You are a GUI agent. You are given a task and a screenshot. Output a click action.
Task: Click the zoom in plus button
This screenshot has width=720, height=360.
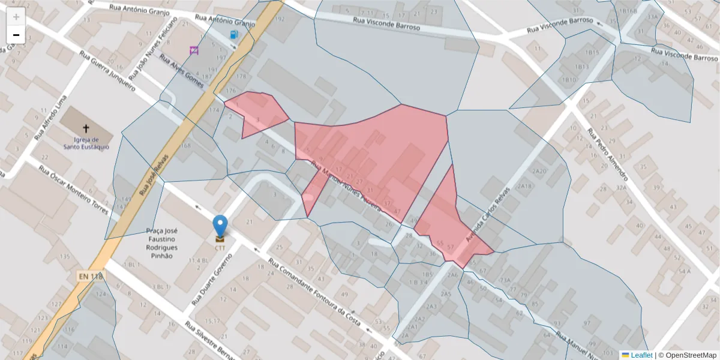16,17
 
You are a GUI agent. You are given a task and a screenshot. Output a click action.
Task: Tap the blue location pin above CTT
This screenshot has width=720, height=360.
220,226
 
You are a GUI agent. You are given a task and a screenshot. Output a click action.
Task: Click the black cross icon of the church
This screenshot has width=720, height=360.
85,128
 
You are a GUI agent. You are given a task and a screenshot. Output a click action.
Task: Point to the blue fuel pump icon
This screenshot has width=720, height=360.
233,35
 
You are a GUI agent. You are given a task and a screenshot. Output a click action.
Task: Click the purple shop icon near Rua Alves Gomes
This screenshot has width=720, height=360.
194,50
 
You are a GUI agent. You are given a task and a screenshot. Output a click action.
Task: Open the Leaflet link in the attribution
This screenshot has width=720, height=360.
641,355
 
